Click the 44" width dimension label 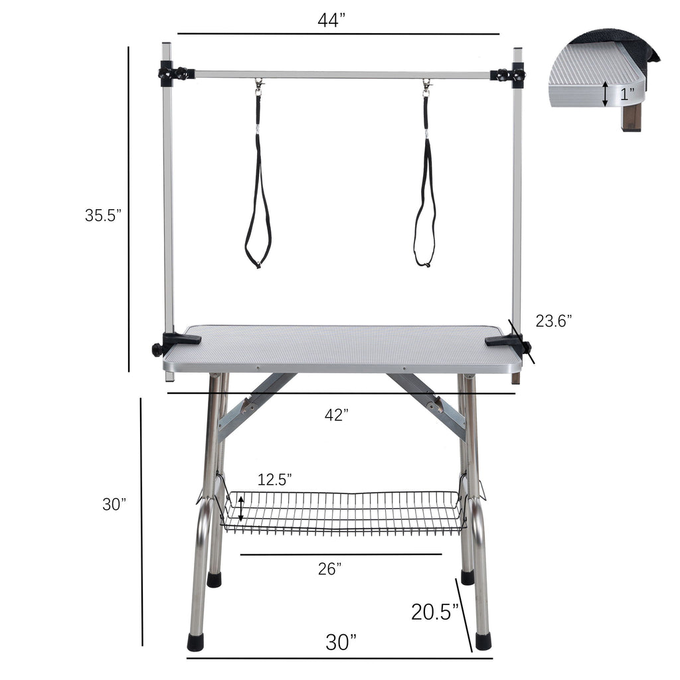tap(332, 21)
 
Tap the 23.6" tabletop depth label tap(554, 321)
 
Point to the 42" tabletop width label tap(337, 416)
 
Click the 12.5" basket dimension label tap(275, 479)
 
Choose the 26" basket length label tap(329, 568)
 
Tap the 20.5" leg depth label tap(435, 612)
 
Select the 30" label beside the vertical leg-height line tap(114, 504)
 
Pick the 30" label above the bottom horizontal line tap(341, 642)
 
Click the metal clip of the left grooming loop tap(258, 86)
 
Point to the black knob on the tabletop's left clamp tap(157, 349)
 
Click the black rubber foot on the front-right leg tap(483, 641)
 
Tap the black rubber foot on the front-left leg tap(196, 641)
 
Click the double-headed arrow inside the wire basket tap(240, 511)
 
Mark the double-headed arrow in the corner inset tap(604, 94)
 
